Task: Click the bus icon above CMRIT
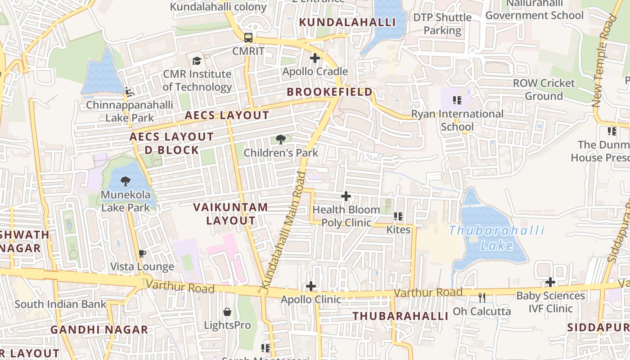point(248,37)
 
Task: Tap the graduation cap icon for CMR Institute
point(197,60)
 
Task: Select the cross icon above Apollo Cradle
point(315,58)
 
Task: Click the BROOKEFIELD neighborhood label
point(330,92)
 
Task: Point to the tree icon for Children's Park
point(281,139)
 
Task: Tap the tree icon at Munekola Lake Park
point(126,181)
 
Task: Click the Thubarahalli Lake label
point(497,238)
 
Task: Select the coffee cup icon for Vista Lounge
point(142,254)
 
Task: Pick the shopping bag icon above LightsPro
point(227,312)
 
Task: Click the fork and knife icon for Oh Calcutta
point(482,298)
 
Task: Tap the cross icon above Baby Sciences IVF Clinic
point(550,282)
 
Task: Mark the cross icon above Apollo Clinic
point(311,286)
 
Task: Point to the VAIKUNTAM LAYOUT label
point(231,214)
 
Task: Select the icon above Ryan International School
point(457,100)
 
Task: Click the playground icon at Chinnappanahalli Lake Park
point(130,92)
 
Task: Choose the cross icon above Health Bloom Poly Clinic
point(346,196)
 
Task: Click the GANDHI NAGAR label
point(99,329)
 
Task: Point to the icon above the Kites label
point(398,216)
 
